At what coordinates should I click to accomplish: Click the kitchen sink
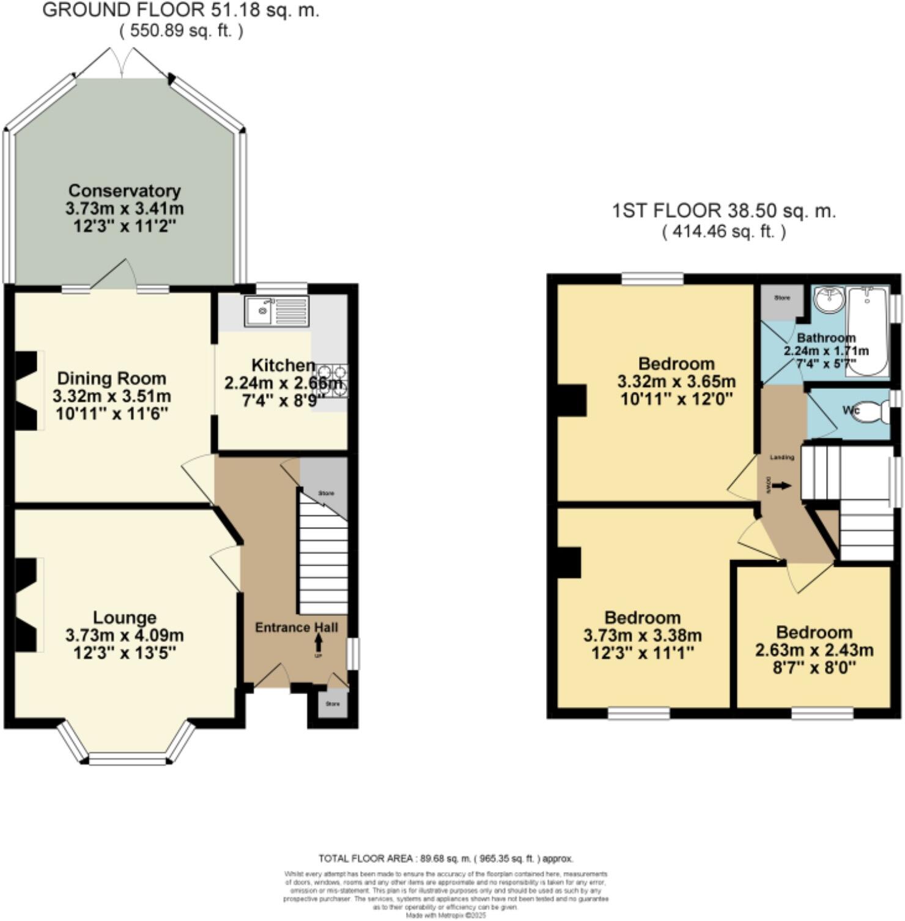click(x=276, y=311)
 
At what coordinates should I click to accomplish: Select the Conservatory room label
click(x=124, y=191)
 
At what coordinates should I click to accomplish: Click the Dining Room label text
click(x=111, y=379)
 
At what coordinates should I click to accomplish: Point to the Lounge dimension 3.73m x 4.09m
click(x=124, y=635)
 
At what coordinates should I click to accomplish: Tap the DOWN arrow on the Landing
click(x=780, y=486)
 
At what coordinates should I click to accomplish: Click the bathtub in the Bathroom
click(x=868, y=330)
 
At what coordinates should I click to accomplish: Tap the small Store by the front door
click(x=332, y=705)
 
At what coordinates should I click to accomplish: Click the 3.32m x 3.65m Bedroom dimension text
click(x=676, y=382)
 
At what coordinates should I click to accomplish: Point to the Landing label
click(x=782, y=457)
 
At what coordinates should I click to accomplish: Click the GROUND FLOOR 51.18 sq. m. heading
click(x=180, y=10)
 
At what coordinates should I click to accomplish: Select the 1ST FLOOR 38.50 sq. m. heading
click(x=723, y=211)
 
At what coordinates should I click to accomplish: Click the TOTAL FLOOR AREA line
click(x=446, y=859)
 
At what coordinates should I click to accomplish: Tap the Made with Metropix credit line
click(x=446, y=915)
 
